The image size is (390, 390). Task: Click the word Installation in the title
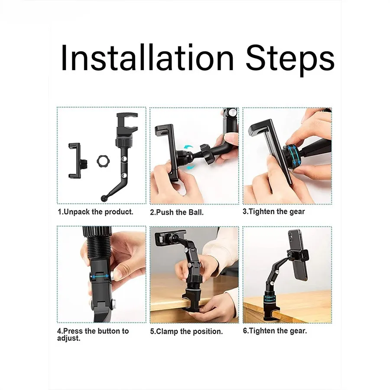pyautogui.click(x=147, y=58)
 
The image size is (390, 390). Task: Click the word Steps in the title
pyautogui.click(x=290, y=60)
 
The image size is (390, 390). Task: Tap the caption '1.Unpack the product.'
pyautogui.click(x=95, y=212)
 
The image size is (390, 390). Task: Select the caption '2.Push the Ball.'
pyautogui.click(x=177, y=212)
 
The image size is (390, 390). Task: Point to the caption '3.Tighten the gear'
pyautogui.click(x=273, y=211)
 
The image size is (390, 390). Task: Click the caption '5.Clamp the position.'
pyautogui.click(x=186, y=331)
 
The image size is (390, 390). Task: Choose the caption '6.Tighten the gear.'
pyautogui.click(x=275, y=331)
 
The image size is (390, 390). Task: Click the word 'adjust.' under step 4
pyautogui.click(x=69, y=338)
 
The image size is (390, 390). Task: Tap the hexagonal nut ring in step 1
pyautogui.click(x=103, y=162)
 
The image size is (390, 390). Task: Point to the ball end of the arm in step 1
pyautogui.click(x=104, y=198)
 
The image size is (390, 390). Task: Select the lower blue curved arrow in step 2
pyautogui.click(x=190, y=167)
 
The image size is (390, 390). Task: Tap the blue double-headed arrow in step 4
pyautogui.click(x=100, y=276)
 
